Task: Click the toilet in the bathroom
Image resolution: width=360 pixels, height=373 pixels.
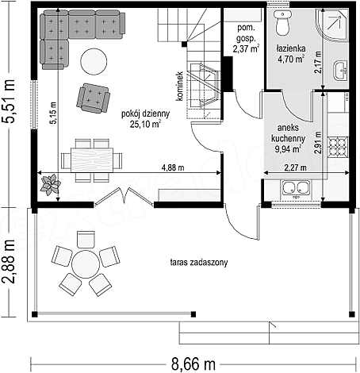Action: point(282,23)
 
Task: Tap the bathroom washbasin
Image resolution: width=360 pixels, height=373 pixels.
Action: point(340,70)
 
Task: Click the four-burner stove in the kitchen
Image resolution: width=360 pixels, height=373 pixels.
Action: point(338,148)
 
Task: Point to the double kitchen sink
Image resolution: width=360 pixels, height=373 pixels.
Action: point(296,188)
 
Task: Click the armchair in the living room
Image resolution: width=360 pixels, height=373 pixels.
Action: point(93,98)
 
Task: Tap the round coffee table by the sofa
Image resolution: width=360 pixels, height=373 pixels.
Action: point(94,61)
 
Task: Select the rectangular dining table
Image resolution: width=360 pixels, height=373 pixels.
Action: point(92,160)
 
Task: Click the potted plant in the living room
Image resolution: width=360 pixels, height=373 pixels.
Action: point(50,184)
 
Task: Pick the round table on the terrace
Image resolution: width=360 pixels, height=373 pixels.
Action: point(86,264)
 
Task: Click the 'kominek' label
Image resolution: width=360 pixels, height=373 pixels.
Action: point(180,86)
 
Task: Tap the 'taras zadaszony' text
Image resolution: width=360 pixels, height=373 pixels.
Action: point(199,263)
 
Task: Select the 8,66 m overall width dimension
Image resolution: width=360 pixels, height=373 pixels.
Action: point(193,364)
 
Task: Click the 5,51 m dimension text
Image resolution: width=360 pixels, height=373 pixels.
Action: point(8,102)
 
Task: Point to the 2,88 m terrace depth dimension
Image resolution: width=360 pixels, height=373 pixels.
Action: point(8,262)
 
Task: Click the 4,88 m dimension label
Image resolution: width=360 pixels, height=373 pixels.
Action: point(173,167)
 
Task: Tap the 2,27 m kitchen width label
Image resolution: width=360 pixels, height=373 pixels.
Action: point(295,167)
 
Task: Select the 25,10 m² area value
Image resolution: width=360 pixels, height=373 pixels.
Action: point(145,124)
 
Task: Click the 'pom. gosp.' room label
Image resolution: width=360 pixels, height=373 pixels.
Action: point(246,33)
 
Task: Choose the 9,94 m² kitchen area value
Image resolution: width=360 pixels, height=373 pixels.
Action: point(288,149)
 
